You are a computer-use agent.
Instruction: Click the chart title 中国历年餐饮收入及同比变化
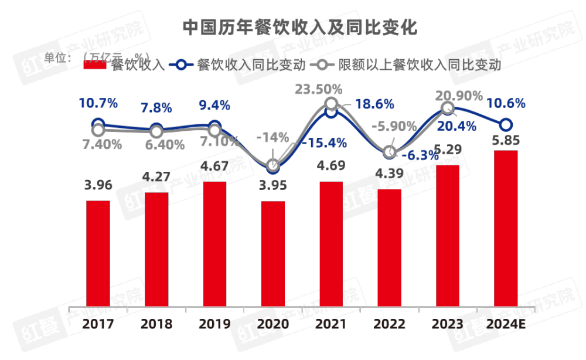pos(299,28)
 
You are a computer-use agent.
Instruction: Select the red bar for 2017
pos(98,253)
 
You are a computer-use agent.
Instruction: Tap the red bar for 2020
pos(273,253)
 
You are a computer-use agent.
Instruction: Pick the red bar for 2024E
pos(506,229)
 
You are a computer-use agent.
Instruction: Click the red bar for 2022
pos(390,247)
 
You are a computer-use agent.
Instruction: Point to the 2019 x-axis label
pos(214,324)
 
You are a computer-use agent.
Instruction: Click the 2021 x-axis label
pos(331,324)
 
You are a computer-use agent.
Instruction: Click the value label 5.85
pos(506,141)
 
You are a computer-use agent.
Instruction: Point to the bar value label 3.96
pos(98,186)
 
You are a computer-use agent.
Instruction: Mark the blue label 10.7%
pos(98,103)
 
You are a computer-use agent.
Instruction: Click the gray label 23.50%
pos(318,89)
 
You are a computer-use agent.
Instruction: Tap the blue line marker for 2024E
pos(506,125)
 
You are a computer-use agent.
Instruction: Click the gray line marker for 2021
pos(331,105)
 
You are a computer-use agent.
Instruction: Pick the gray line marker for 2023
pos(447,108)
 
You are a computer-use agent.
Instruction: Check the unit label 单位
pos(57,57)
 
